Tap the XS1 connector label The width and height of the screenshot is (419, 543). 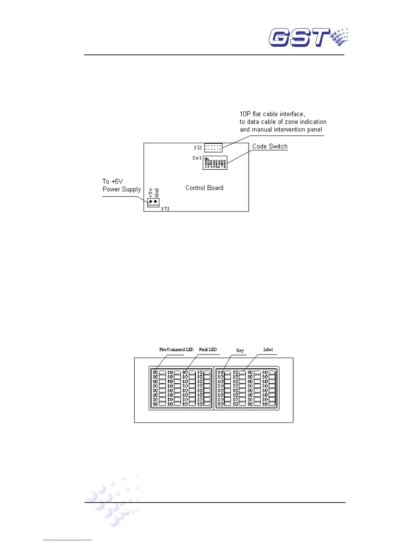pyautogui.click(x=198, y=148)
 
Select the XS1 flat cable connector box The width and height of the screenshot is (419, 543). pyautogui.click(x=213, y=148)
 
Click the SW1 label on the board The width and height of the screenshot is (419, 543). pyautogui.click(x=196, y=158)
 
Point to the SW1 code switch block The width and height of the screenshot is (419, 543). pyautogui.click(x=215, y=163)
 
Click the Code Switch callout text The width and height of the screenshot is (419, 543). pyautogui.click(x=270, y=146)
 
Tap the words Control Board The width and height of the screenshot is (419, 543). pyautogui.click(x=204, y=188)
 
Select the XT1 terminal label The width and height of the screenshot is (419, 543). pyautogui.click(x=165, y=208)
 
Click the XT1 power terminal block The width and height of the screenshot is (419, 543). pyautogui.click(x=153, y=202)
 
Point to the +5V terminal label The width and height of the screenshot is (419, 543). pyautogui.click(x=151, y=192)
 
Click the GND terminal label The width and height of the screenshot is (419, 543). pyautogui.click(x=157, y=192)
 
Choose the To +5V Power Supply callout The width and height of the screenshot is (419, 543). pyautogui.click(x=121, y=185)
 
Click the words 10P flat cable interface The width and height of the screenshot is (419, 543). pyautogui.click(x=272, y=114)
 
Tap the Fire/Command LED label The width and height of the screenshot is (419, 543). pyautogui.click(x=176, y=350)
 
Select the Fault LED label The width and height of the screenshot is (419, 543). pyautogui.click(x=208, y=350)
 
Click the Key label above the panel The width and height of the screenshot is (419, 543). pyautogui.click(x=240, y=350)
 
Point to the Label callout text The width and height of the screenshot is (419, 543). pyautogui.click(x=268, y=350)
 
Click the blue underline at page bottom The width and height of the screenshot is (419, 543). pyautogui.click(x=67, y=540)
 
